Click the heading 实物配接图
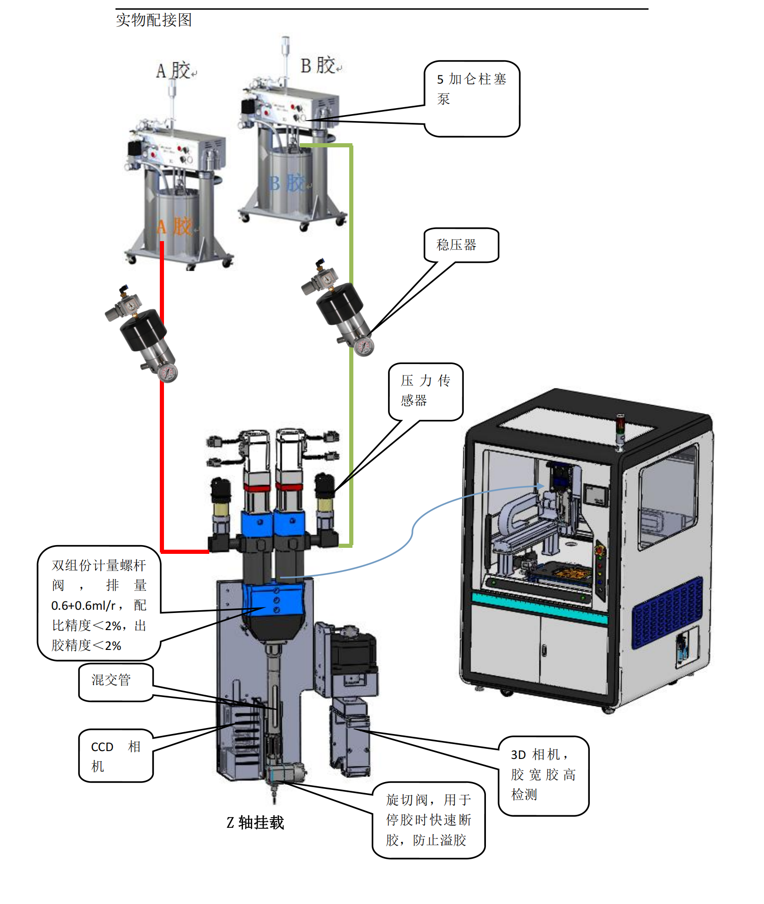point(153,20)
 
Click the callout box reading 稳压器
point(461,245)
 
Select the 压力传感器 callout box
point(425,391)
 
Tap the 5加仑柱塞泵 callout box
point(472,98)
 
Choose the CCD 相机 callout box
point(115,756)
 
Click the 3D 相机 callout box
point(543,775)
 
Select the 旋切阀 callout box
point(428,819)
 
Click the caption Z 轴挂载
point(255,822)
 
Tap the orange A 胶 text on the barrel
point(175,227)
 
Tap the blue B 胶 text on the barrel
point(287,183)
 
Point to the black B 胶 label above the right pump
point(318,66)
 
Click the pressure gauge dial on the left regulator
point(168,372)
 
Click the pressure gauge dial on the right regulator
point(364,346)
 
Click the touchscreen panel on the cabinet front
point(596,496)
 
